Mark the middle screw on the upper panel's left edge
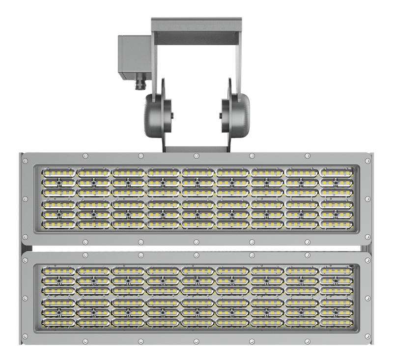25,199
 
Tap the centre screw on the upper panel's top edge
196,156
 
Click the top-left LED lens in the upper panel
58,173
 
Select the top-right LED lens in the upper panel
336,173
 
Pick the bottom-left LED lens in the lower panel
58,322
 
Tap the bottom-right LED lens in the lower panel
336,322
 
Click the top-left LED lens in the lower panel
58,271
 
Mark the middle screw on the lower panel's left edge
25,297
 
